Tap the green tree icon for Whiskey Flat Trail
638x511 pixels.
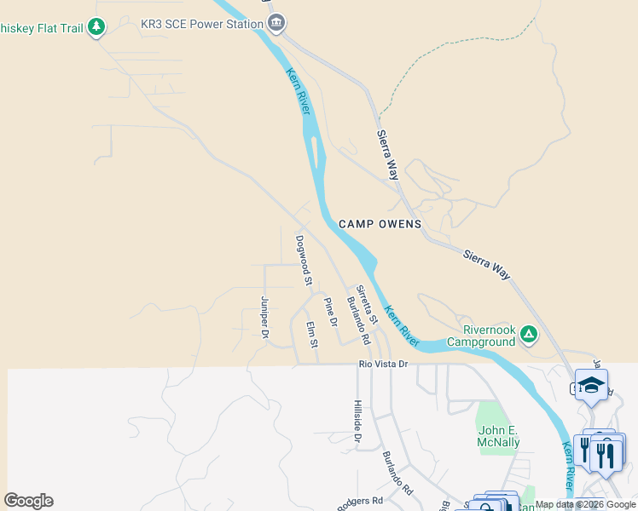(96, 28)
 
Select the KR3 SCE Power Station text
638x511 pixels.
(201, 23)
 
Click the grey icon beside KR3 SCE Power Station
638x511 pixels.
(275, 23)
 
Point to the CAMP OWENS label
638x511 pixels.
(380, 224)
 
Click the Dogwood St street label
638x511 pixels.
(303, 260)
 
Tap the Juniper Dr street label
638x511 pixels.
(264, 318)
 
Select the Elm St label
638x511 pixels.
(312, 333)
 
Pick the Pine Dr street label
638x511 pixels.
(330, 312)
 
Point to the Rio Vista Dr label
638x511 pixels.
(384, 364)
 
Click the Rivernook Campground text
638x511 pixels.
(489, 336)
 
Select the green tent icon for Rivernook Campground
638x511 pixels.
(529, 334)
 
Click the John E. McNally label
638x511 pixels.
(499, 436)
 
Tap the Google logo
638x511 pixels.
(28, 501)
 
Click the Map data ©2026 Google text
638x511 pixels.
(585, 504)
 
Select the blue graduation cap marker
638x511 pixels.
(591, 386)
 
